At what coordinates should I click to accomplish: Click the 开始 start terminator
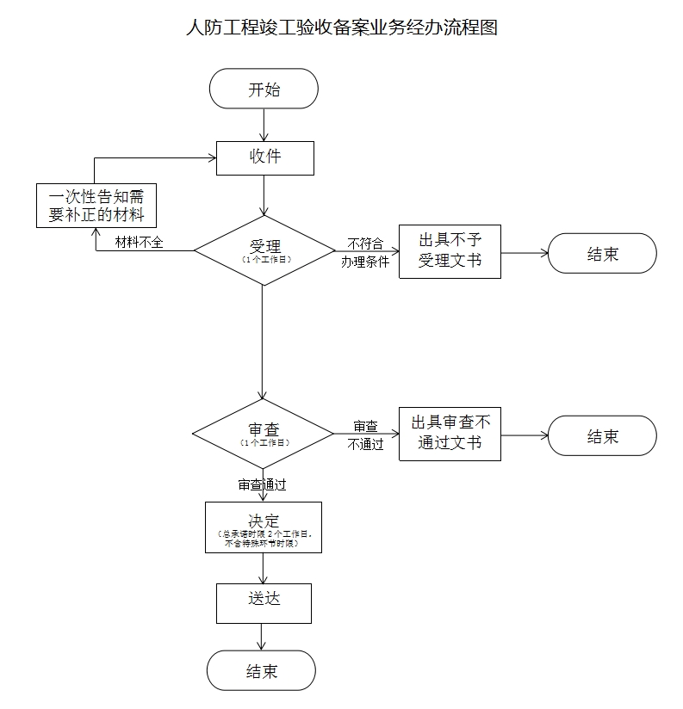pos(263,89)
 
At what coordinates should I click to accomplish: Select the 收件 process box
pos(264,157)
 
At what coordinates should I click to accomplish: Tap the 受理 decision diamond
pos(264,250)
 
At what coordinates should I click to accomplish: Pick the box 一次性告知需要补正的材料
pos(96,206)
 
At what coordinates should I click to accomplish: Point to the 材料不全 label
pos(140,243)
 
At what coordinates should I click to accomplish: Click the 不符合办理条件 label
pos(365,253)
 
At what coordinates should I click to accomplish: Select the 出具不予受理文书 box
pos(450,251)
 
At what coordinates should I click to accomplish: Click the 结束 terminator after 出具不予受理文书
pos(602,254)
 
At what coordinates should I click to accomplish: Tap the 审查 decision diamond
pos(263,433)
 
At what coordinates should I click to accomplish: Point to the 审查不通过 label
pos(365,435)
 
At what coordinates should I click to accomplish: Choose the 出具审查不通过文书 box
pos(450,433)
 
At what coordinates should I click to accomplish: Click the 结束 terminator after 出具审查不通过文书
pos(602,436)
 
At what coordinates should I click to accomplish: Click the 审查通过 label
pos(262,485)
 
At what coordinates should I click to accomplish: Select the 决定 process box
pos(263,527)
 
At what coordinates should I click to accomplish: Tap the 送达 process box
pos(263,602)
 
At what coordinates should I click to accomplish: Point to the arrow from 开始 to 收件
pos(264,124)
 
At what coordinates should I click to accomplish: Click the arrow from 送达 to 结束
pos(262,637)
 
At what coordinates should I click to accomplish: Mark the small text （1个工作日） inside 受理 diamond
pos(265,259)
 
